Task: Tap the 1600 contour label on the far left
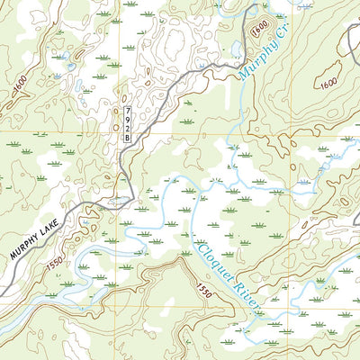(x=20, y=85)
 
